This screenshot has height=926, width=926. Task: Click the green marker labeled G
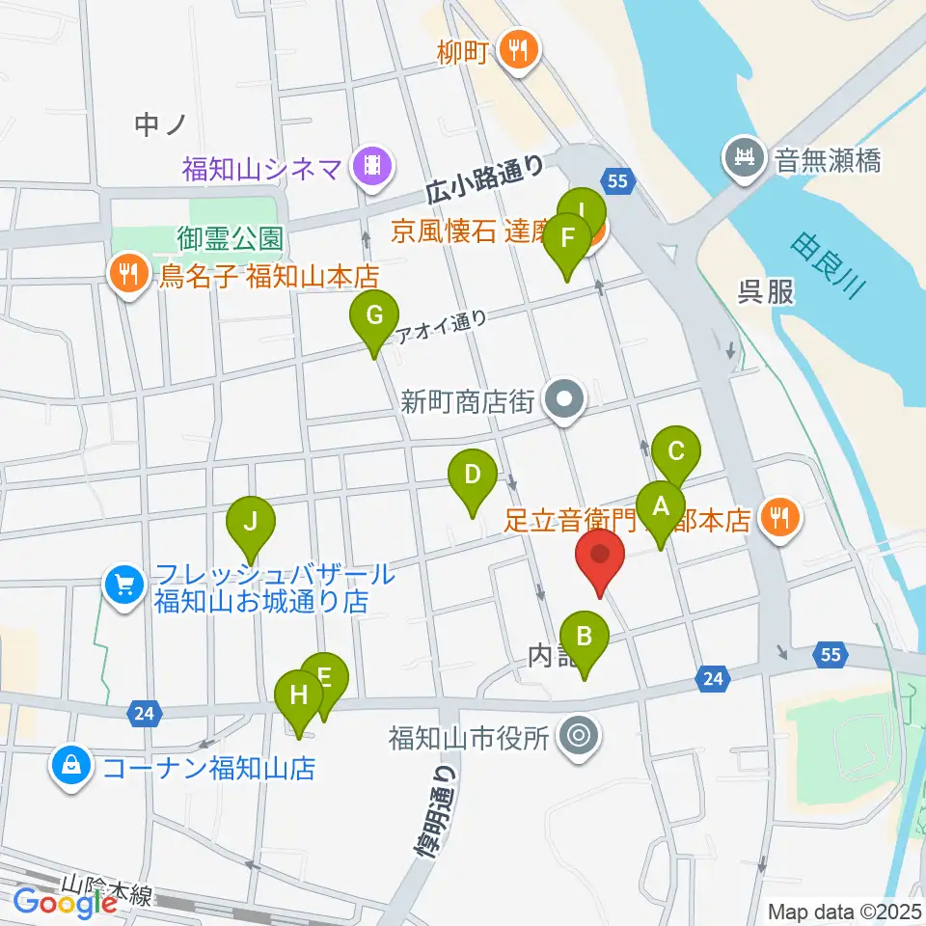coord(373,316)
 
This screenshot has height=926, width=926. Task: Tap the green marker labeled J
coord(251,523)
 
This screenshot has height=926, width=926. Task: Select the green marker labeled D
coord(473,476)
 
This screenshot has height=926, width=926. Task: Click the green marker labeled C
coord(676,451)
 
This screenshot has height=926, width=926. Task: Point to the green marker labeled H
coord(299,695)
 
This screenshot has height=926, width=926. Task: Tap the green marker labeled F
coord(569,239)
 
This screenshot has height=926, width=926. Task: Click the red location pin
coord(600,558)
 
